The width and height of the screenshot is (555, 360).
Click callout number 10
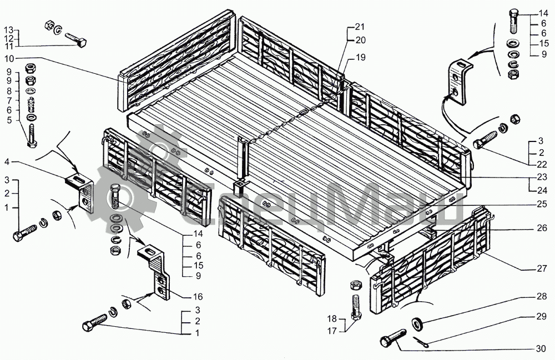click(x=9, y=58)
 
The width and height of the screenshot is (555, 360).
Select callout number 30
click(x=541, y=349)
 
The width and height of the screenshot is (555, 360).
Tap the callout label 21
click(x=360, y=27)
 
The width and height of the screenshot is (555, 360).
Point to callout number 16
click(x=198, y=296)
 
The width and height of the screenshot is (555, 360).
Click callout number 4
click(x=8, y=162)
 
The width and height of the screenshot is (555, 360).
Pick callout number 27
click(x=542, y=269)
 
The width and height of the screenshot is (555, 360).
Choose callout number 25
click(x=542, y=204)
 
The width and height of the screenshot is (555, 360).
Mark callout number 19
click(x=360, y=57)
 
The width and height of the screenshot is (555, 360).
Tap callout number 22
click(x=542, y=164)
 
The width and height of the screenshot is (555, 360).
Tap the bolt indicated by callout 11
click(x=75, y=40)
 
